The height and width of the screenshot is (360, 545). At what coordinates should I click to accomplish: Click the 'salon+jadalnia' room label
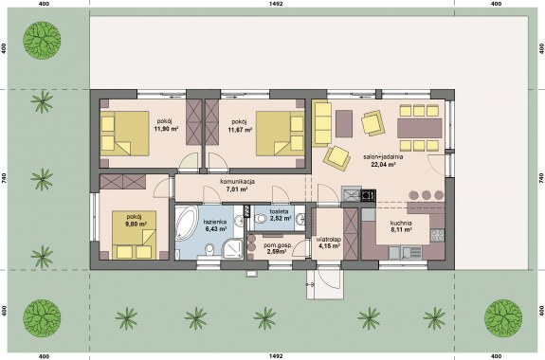tap(383, 156)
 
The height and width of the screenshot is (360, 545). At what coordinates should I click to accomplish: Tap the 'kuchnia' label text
tap(401, 223)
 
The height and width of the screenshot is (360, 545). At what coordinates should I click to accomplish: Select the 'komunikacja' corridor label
tap(238, 181)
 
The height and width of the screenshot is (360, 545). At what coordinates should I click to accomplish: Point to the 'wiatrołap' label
tap(329, 240)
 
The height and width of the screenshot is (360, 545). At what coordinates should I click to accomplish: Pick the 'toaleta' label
tap(279, 211)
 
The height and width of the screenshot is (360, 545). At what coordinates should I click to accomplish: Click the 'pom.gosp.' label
tap(278, 245)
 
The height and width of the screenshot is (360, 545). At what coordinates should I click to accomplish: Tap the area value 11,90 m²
tap(166, 128)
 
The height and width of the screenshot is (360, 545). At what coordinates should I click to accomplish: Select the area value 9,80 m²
tap(136, 225)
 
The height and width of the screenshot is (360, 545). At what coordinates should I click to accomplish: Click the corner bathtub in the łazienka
tap(186, 223)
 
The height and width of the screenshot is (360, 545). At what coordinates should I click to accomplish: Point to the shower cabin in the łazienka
tap(232, 248)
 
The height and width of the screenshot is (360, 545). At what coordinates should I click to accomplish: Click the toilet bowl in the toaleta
tap(260, 219)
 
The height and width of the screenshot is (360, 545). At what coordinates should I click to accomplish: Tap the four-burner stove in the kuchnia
tap(438, 235)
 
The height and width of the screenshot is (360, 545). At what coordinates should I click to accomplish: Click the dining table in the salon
tap(420, 128)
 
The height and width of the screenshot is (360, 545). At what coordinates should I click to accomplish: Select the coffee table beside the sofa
tap(344, 123)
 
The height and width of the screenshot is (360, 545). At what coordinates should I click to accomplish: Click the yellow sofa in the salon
tap(322, 123)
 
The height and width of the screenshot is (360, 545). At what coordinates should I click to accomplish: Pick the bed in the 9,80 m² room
tap(134, 235)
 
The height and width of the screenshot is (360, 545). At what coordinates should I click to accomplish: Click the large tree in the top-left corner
tap(42, 40)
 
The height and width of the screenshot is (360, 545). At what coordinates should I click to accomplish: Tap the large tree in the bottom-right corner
tap(503, 317)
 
